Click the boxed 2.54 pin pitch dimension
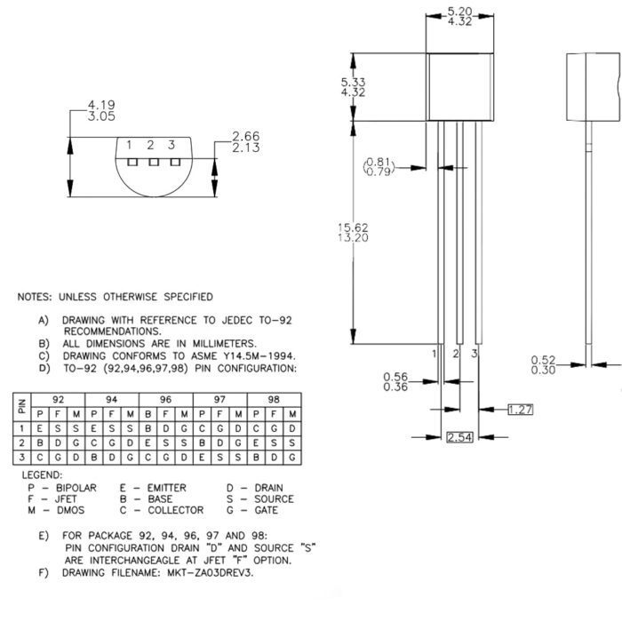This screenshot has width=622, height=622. tap(459, 437)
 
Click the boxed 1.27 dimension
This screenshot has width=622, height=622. tap(521, 409)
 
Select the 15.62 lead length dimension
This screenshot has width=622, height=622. tap(354, 227)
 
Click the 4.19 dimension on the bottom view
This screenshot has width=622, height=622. tap(101, 105)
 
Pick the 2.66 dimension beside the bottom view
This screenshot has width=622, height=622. tap(246, 136)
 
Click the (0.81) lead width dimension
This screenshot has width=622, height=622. tap(379, 162)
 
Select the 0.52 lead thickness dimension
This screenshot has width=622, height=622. tap(543, 360)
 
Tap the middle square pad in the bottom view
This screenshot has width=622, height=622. tap(153, 162)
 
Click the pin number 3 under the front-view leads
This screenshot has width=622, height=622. tap(475, 354)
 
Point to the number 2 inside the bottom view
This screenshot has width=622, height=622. tap(151, 145)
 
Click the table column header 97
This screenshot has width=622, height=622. tap(219, 400)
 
